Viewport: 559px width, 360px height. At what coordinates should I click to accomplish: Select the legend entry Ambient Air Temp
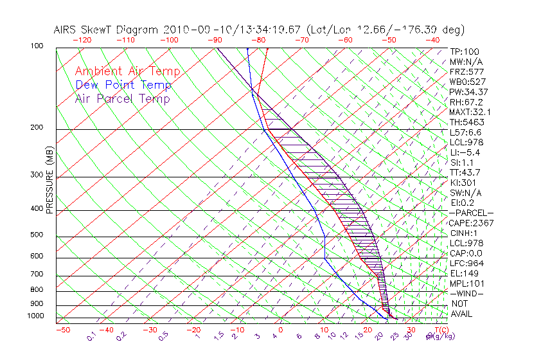[x=127, y=72]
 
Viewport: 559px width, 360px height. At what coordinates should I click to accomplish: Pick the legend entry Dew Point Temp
[x=123, y=85]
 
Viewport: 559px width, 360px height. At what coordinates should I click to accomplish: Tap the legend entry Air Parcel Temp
[x=123, y=99]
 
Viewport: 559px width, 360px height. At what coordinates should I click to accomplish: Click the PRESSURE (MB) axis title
[x=49, y=183]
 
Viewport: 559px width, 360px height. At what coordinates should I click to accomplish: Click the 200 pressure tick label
[x=36, y=128]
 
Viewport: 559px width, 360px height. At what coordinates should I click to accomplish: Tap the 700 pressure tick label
[x=36, y=276]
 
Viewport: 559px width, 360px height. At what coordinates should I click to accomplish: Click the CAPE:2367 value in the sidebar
[x=467, y=223]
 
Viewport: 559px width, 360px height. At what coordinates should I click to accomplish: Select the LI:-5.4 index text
[x=465, y=152]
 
